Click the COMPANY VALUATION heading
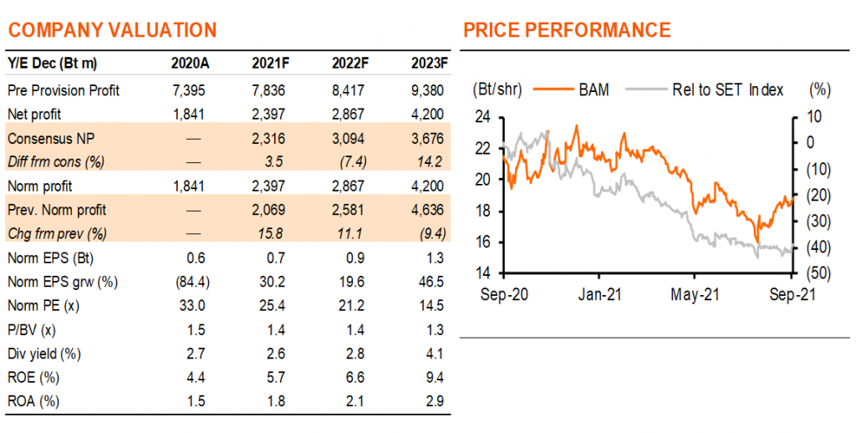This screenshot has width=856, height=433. coord(113,29)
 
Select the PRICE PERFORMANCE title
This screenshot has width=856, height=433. coord(567,29)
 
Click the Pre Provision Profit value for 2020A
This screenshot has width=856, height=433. coord(189,90)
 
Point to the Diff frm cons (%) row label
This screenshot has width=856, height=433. coord(56,161)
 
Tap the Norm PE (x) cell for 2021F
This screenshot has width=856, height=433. coord(273,306)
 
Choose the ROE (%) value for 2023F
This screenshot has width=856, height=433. coord(435,378)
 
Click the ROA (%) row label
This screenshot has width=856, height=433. coord(33,401)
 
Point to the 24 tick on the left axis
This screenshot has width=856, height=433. coord(483,117)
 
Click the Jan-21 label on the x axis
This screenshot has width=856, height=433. coord(599,295)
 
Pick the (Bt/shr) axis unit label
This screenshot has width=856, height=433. coord(497,90)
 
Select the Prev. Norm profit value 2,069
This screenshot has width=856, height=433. coord(268,210)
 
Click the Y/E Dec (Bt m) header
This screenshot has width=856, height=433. coord(53,64)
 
